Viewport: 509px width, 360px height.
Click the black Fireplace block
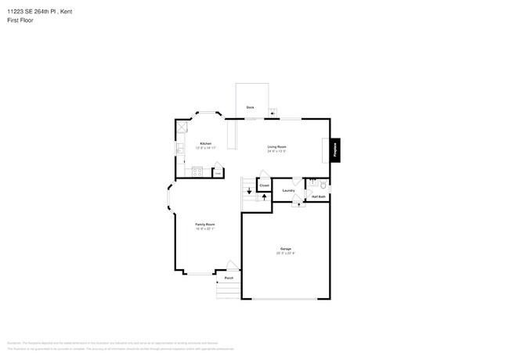[x=335, y=149]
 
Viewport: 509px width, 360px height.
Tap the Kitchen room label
[x=205, y=143]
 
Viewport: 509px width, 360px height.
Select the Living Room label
[x=276, y=146]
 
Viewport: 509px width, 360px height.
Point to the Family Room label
[x=205, y=225]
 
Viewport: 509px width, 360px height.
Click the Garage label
[x=285, y=248]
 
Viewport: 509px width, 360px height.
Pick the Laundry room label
[x=288, y=190]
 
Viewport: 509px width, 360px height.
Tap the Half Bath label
[x=318, y=196]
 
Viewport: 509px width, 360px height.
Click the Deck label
[x=251, y=106]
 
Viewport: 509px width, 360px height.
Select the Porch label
[x=229, y=278]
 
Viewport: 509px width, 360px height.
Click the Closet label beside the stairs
[x=265, y=185]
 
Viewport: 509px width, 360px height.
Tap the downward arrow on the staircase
[x=249, y=189]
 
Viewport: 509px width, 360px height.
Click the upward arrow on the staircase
[x=265, y=196]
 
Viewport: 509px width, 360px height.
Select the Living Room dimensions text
[x=276, y=151]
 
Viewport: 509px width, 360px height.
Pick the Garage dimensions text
[x=285, y=253]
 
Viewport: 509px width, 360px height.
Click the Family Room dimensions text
[x=205, y=229]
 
